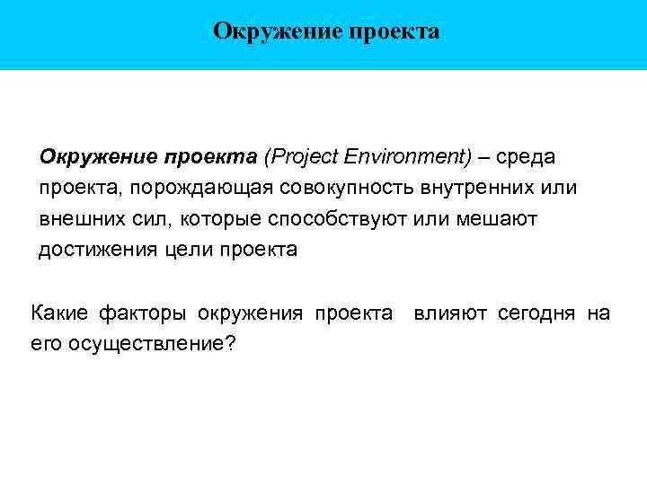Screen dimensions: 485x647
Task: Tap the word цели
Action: click(x=188, y=250)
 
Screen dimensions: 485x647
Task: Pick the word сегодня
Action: click(x=535, y=313)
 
